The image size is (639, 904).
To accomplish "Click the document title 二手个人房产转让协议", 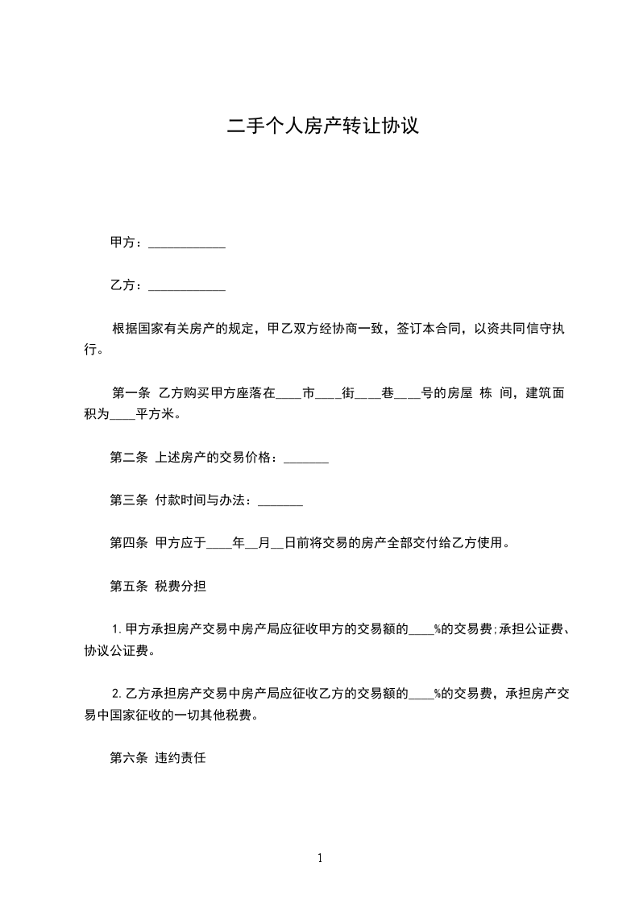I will tap(322, 126).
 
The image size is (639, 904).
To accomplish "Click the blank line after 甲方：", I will tap(187, 244).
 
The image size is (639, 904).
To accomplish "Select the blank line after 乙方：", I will tap(187, 286).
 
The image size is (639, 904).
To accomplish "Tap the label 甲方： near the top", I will tap(127, 243).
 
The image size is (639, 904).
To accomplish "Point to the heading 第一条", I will tap(131, 394).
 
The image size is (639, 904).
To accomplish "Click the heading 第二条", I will tap(128, 458).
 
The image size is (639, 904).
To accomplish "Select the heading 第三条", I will tap(128, 500).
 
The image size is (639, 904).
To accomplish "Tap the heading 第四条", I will tap(128, 543).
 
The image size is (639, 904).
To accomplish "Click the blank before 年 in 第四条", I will tap(219, 546).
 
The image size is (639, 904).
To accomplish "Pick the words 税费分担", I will tap(180, 586).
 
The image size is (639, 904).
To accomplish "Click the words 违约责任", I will tap(180, 758).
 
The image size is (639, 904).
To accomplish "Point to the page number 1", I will tap(320, 858).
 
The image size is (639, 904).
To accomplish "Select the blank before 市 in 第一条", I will tap(288, 397).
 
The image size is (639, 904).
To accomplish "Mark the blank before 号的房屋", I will tap(407, 397).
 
